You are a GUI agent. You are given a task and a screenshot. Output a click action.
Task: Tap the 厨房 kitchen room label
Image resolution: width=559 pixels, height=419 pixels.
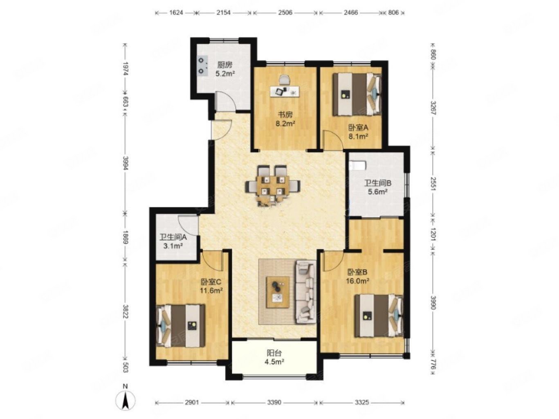coord(224,65)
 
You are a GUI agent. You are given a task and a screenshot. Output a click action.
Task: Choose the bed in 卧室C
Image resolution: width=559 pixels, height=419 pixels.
coord(181,325)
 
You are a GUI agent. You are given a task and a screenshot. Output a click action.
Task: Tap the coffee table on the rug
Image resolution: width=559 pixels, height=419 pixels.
coord(278,292)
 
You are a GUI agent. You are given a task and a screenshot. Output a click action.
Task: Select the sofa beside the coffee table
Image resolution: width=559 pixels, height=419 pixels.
coord(305,292)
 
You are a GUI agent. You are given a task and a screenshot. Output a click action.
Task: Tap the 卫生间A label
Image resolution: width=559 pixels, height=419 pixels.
coord(173,237)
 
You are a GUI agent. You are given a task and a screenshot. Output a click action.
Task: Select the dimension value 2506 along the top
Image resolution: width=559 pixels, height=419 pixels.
coord(285,13)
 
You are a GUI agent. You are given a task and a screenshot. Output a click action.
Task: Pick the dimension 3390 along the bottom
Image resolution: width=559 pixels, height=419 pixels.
coord(274,402)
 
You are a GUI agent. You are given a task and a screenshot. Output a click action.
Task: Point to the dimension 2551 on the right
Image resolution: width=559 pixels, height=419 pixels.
coord(433,182)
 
